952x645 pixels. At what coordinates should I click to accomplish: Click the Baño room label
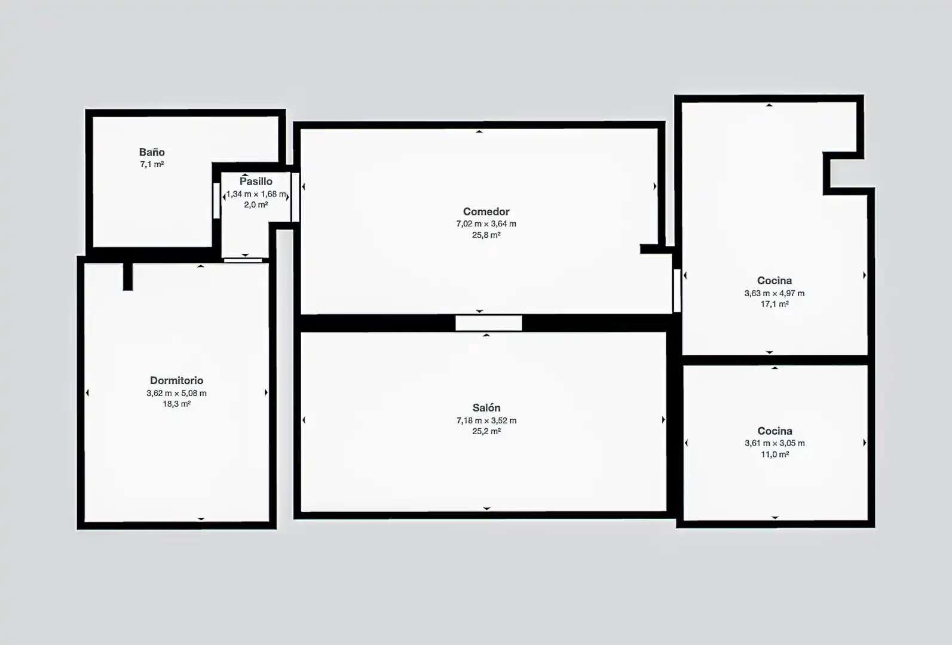[x=152, y=152]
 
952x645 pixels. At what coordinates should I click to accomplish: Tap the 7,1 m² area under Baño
[x=152, y=164]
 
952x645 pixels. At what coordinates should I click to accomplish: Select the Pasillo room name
[x=256, y=182]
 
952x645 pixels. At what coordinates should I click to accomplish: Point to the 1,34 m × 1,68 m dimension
[x=256, y=194]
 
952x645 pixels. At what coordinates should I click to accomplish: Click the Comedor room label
[x=486, y=211]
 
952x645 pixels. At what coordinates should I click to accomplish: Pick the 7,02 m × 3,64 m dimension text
[x=486, y=224]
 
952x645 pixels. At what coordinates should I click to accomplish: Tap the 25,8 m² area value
[x=486, y=235]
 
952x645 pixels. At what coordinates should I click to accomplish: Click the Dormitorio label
[x=176, y=380]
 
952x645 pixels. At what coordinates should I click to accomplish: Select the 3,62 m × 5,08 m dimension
[x=176, y=393]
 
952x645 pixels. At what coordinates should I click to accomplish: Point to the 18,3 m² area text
[x=176, y=404]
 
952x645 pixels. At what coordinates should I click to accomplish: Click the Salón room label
[x=486, y=408]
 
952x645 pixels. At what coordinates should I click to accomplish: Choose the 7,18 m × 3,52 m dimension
[x=486, y=420]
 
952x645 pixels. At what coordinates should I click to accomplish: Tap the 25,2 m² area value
[x=486, y=431]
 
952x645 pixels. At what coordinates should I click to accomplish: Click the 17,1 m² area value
[x=775, y=304]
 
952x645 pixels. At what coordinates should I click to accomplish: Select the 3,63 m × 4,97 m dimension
[x=775, y=293]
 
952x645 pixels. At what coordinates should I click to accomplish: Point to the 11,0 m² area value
[x=775, y=454]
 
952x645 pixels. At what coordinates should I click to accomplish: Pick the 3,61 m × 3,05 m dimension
[x=775, y=443]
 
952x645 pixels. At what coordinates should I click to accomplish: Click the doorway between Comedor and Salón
[x=489, y=322]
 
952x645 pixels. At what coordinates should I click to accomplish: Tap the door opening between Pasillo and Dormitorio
[x=243, y=260]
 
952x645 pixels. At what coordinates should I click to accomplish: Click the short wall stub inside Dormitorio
[x=127, y=277]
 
